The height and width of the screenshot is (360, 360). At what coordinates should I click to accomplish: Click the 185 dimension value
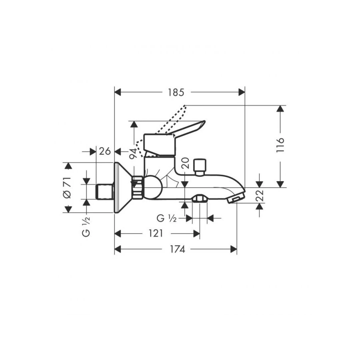(x=176, y=92)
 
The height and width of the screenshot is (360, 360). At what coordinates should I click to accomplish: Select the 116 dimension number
(x=280, y=145)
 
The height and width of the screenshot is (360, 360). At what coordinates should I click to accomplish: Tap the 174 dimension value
(x=178, y=249)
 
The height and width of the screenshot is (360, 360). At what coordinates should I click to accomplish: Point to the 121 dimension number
(x=156, y=234)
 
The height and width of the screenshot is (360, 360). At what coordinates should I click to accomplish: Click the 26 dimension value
(x=105, y=152)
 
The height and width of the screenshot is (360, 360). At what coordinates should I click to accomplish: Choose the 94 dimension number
(x=133, y=153)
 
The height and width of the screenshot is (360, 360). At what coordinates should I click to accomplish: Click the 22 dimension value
(x=260, y=195)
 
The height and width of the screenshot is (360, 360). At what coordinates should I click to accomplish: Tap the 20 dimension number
(x=185, y=163)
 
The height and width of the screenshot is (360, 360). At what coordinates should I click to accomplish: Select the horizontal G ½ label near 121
(x=166, y=218)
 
